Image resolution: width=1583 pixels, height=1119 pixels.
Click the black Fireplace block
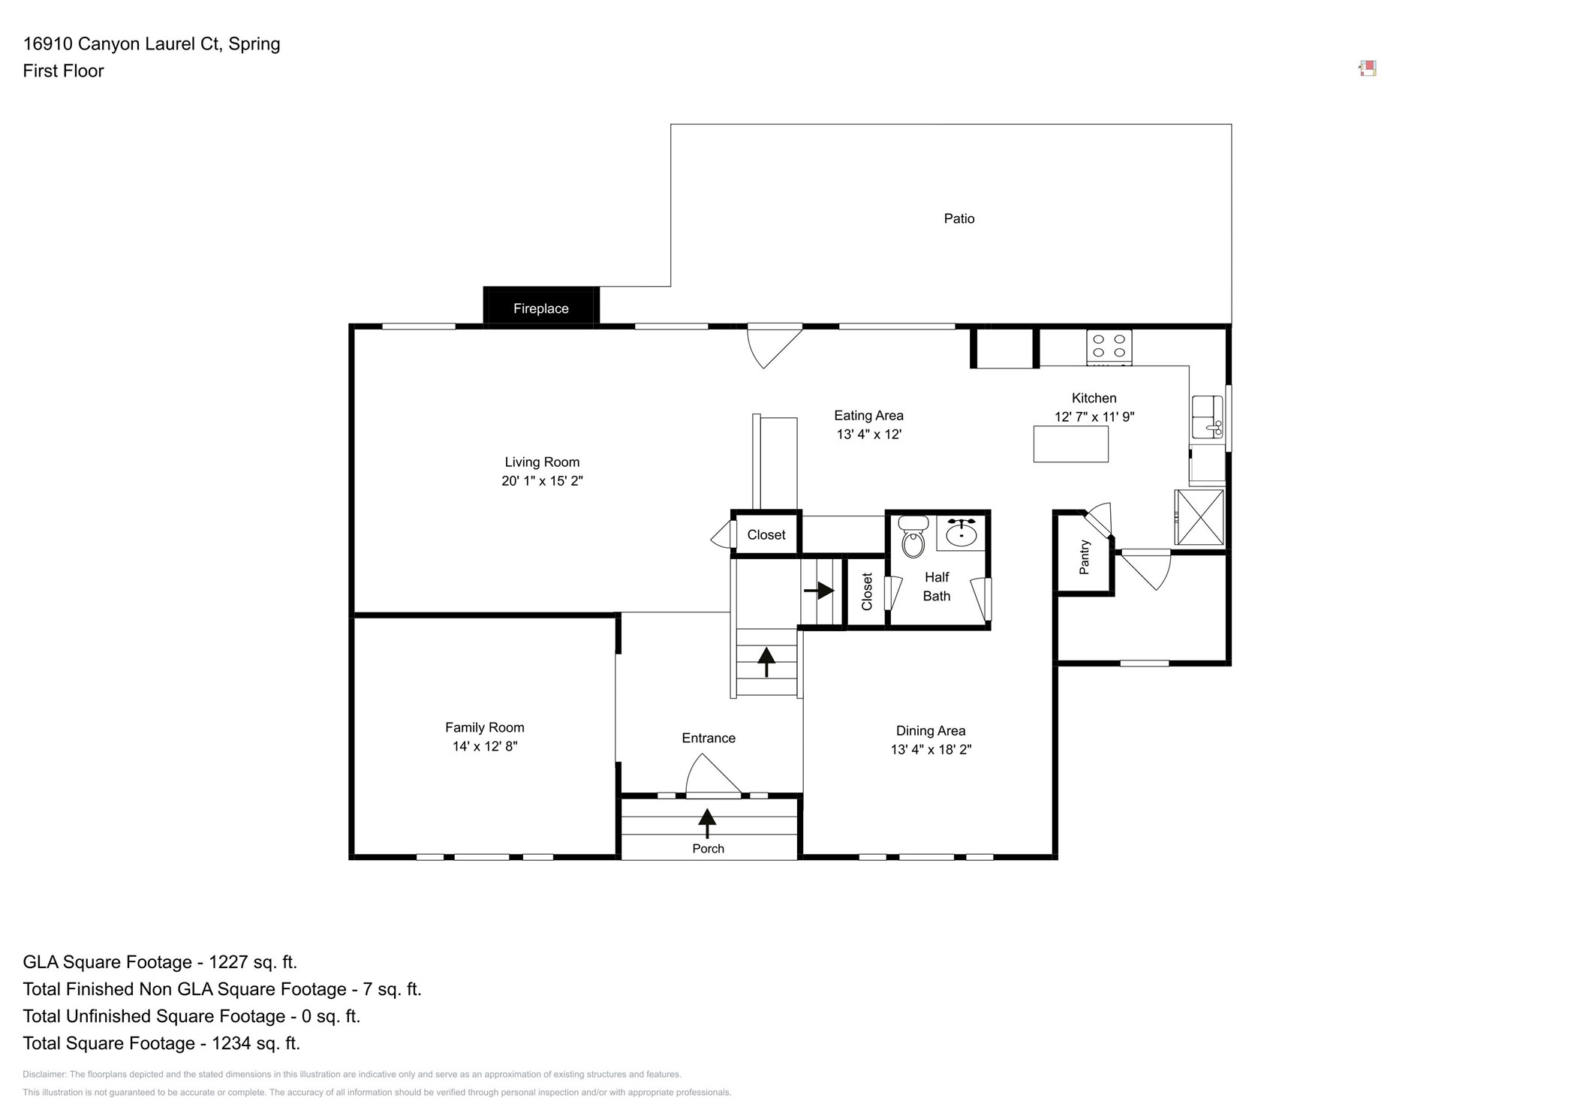[540, 307]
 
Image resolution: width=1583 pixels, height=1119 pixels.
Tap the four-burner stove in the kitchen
[1109, 347]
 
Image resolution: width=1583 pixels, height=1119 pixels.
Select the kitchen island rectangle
[1070, 444]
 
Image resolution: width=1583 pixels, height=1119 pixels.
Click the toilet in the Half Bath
[913, 538]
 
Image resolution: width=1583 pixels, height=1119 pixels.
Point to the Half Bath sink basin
[961, 534]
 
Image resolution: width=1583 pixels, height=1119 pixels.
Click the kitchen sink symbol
[1207, 417]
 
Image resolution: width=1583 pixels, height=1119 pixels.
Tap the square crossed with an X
[1199, 517]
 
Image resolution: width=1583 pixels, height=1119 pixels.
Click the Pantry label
[1084, 557]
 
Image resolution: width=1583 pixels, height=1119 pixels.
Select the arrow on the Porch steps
[706, 823]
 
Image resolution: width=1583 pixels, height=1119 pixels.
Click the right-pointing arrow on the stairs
[820, 591]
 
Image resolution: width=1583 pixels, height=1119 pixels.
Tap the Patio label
[959, 218]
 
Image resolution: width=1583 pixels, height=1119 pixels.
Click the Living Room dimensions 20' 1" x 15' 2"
[542, 481]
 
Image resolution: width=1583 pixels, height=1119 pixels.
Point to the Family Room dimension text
[485, 746]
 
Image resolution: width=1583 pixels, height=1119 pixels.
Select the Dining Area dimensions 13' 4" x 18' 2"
[931, 749]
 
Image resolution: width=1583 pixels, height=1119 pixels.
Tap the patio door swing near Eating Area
[772, 344]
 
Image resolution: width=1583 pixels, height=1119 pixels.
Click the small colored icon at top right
[1368, 68]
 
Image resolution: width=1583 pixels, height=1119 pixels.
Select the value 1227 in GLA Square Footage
[227, 962]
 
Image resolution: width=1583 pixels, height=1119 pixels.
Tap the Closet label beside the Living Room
[766, 534]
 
